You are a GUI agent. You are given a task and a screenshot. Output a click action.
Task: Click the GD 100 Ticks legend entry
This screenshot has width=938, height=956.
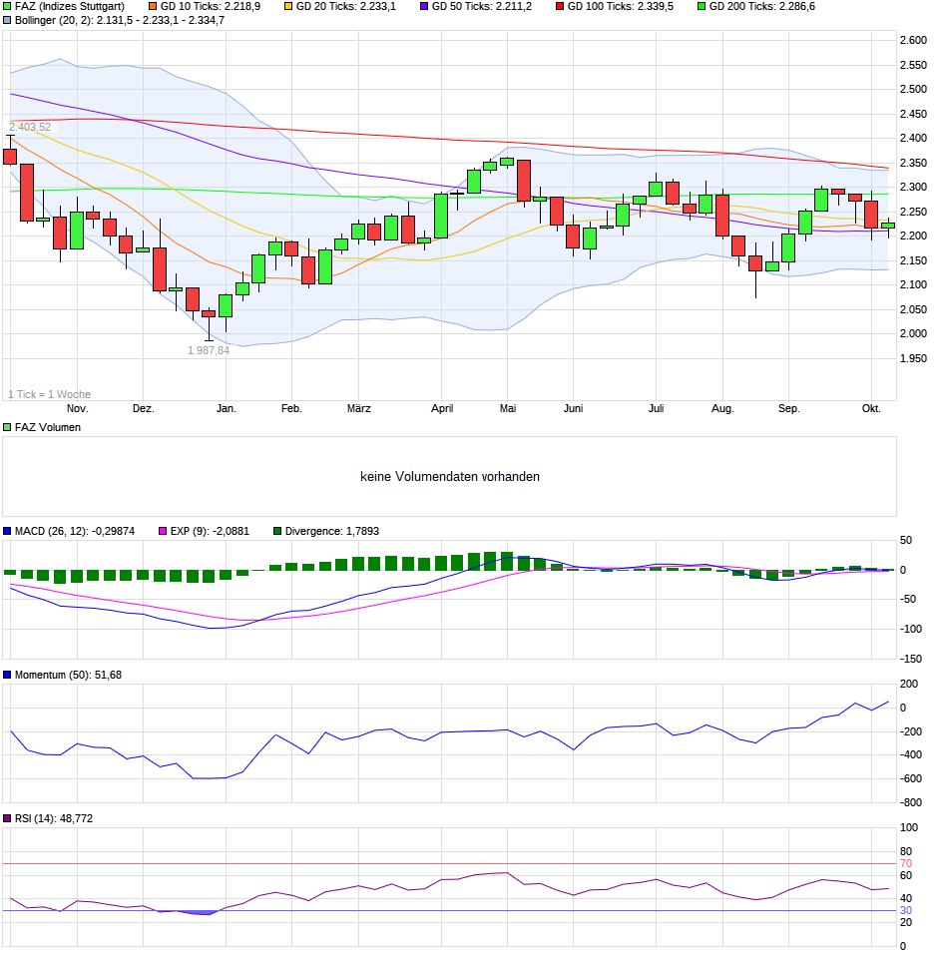pyautogui.click(x=620, y=6)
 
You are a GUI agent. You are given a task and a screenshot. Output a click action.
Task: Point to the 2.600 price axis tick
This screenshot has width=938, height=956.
pyautogui.click(x=913, y=40)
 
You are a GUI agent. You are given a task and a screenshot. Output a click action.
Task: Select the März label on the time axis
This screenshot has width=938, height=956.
pyautogui.click(x=359, y=408)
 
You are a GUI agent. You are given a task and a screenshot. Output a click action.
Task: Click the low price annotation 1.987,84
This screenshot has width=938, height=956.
pyautogui.click(x=209, y=350)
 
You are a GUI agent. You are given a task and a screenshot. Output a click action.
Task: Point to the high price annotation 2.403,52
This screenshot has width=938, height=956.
pyautogui.click(x=30, y=127)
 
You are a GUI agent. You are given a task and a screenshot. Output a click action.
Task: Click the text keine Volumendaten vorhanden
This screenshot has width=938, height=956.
pyautogui.click(x=450, y=477)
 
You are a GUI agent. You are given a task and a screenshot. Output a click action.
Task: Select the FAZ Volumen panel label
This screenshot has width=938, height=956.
pyautogui.click(x=47, y=427)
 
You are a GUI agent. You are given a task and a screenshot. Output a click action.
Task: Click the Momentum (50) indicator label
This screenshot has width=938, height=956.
pyautogui.click(x=68, y=676)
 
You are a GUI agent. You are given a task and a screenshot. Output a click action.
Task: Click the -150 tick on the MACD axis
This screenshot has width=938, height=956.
pyautogui.click(x=911, y=659)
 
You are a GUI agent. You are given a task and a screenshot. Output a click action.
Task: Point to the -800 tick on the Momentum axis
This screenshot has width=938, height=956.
pyautogui.click(x=911, y=802)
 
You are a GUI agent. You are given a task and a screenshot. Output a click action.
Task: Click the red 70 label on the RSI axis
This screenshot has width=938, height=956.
pyautogui.click(x=906, y=863)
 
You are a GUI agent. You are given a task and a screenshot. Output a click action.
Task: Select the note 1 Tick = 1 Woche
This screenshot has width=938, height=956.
pyautogui.click(x=49, y=394)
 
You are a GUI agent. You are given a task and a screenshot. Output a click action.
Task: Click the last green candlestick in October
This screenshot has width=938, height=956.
pyautogui.click(x=887, y=225)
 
